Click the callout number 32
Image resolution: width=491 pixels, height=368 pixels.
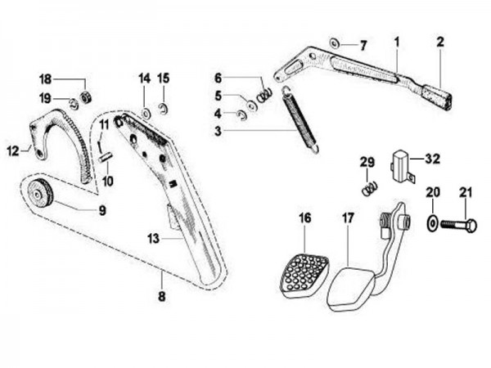432,159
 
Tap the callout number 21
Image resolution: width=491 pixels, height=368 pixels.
466,192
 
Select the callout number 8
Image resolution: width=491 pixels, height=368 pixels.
161,296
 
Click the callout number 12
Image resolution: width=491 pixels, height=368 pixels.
12,150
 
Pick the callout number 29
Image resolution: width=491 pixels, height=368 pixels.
367,162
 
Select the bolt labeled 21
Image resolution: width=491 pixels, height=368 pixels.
457,223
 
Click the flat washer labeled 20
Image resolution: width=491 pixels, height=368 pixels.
432,222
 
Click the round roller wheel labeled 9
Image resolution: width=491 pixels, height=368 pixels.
38,195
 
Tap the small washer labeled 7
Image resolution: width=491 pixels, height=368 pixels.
334,42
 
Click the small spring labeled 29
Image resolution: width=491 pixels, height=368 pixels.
369,189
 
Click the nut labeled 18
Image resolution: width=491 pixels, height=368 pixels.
85,97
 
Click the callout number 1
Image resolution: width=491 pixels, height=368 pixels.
396,39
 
